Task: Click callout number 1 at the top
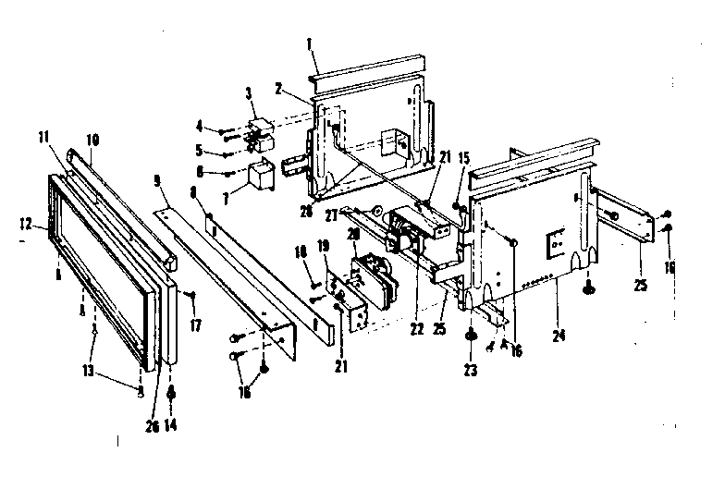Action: (x=312, y=43)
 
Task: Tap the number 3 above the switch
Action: (x=248, y=93)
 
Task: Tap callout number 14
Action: (x=173, y=426)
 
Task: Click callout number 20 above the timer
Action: (x=352, y=234)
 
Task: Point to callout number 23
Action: (x=473, y=363)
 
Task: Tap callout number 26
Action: (x=153, y=426)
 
